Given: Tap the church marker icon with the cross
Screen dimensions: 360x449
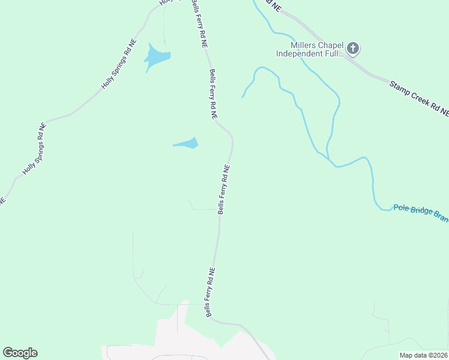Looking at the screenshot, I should [x=353, y=48].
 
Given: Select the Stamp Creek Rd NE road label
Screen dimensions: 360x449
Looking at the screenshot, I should [x=418, y=98].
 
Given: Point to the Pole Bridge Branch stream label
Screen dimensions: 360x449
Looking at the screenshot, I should [x=421, y=212].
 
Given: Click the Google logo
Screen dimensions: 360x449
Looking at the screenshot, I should [x=20, y=353].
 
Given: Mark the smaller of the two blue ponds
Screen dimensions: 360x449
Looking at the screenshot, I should [x=187, y=143].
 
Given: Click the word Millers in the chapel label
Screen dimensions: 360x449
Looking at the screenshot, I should [x=303, y=45].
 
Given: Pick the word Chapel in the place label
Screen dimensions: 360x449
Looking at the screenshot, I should [x=330, y=45].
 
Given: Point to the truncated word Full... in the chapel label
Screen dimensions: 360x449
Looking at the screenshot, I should [x=335, y=53].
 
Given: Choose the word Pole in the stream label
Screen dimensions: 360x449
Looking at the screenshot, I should [x=401, y=208].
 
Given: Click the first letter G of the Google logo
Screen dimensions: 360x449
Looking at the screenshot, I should [x=8, y=353].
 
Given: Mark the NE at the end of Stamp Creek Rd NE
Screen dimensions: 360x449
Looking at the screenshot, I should [x=444, y=111].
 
